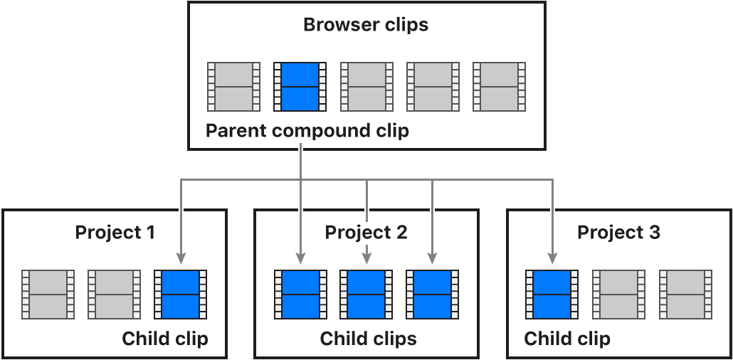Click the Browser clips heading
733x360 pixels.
point(366,26)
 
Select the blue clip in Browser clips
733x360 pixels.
point(300,87)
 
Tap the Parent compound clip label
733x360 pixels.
point(307,132)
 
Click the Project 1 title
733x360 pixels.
point(115,233)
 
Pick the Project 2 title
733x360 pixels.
point(366,233)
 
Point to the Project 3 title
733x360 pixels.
point(618,233)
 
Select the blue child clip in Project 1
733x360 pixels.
point(181,294)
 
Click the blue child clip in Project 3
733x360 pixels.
point(552,294)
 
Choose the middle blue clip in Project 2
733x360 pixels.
point(366,294)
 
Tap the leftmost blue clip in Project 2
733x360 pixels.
point(300,294)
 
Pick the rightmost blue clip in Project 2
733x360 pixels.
point(432,294)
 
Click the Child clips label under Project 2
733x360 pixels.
point(368,339)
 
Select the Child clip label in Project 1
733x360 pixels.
point(165,339)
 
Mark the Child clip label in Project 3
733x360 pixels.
point(567,339)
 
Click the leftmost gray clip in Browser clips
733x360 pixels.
point(233,87)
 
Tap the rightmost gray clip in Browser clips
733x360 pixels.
point(499,87)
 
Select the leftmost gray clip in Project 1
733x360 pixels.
point(48,294)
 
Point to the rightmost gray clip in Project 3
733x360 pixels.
point(685,294)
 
